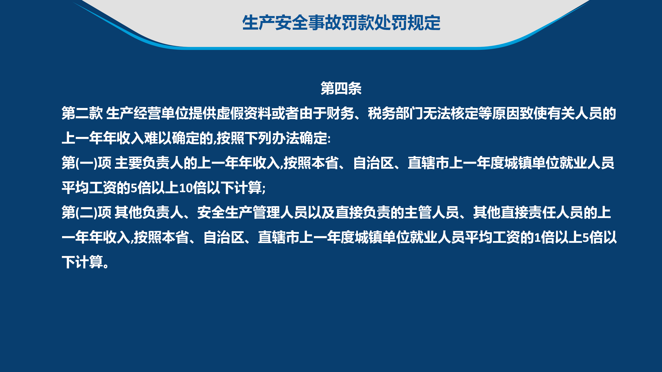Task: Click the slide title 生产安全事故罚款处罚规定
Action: [x=341, y=23]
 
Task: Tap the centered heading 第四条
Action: [x=341, y=88]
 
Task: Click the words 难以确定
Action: [x=171, y=138]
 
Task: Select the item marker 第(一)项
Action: [x=87, y=163]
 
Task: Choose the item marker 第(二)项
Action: [x=87, y=212]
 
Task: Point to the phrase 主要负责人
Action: [x=149, y=163]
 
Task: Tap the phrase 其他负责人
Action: [x=149, y=212]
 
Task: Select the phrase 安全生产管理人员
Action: [x=252, y=212]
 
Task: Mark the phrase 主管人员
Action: [x=432, y=212]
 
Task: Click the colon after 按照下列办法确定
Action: [x=329, y=139]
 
